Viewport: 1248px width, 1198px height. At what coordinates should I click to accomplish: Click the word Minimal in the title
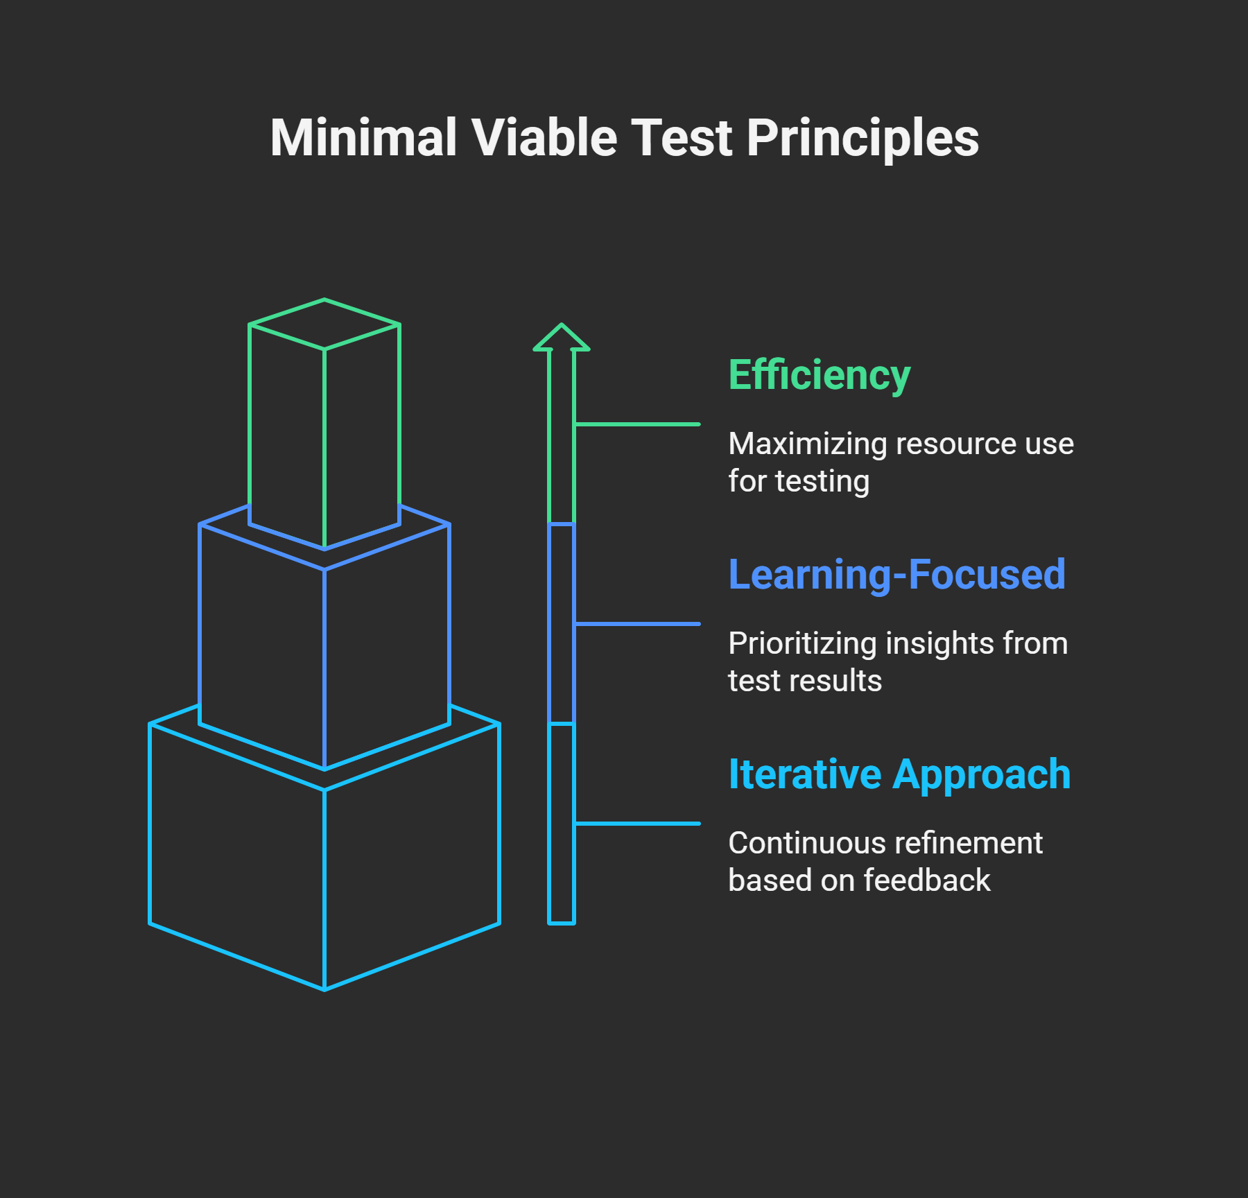click(363, 137)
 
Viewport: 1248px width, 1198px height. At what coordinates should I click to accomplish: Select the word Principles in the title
click(863, 139)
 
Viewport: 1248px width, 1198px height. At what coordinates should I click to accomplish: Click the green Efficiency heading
click(819, 376)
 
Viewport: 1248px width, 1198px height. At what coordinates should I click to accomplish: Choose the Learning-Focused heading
click(896, 575)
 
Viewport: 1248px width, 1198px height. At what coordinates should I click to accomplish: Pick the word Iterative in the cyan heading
click(804, 774)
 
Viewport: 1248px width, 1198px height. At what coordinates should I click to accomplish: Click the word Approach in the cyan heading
click(982, 776)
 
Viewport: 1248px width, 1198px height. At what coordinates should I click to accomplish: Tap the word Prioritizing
click(802, 644)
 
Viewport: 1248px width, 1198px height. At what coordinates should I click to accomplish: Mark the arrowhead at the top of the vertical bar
click(562, 338)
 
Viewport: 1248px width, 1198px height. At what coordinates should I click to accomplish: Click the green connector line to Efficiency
click(637, 424)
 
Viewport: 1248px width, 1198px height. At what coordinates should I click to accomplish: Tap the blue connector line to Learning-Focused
click(637, 624)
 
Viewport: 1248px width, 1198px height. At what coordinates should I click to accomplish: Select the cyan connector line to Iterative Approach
click(637, 824)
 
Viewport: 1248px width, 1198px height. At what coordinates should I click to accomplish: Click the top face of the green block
click(324, 324)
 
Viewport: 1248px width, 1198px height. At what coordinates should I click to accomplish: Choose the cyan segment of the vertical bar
click(562, 823)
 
